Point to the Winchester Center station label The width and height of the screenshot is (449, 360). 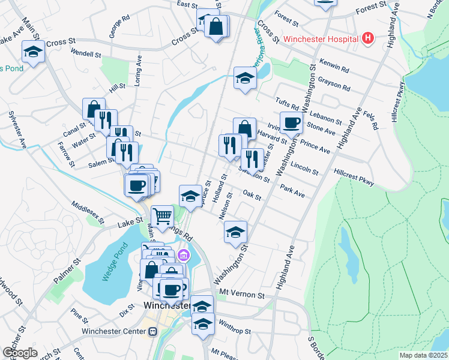point(116,331)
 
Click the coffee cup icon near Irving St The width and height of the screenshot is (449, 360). point(291,122)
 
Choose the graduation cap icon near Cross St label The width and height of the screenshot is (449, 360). point(33,52)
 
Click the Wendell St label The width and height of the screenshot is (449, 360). point(86,53)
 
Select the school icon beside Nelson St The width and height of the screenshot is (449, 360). point(236,232)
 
